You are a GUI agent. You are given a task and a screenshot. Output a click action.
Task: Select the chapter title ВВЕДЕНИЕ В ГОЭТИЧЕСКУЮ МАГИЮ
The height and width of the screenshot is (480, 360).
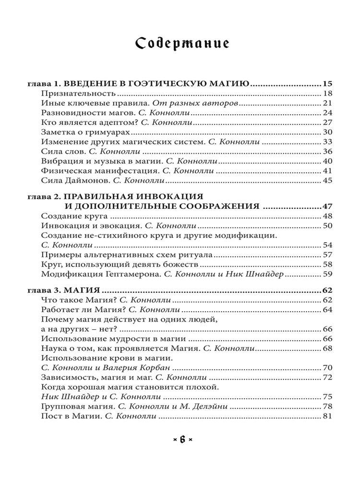click(156, 83)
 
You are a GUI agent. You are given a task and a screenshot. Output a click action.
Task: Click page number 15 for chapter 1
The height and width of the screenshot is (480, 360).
click(328, 83)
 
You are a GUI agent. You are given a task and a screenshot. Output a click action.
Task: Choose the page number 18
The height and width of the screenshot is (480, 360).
click(328, 94)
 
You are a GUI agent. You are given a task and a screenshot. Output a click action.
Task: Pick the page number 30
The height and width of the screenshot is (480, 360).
click(328, 132)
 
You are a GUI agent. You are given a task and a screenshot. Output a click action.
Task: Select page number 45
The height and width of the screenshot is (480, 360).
click(328, 181)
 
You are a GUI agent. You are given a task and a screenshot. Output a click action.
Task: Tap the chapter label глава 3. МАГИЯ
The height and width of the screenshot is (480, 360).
click(64, 290)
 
